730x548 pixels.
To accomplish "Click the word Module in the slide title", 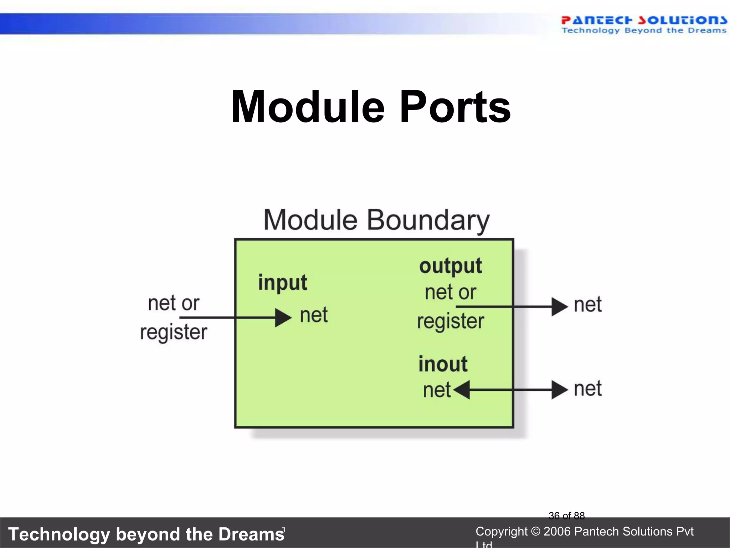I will click(x=308, y=107).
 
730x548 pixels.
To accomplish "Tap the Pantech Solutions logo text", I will click(x=643, y=20).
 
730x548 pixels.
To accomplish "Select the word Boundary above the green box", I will click(x=428, y=220).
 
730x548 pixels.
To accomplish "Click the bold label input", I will click(x=282, y=283).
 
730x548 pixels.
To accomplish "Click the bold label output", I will click(x=451, y=266).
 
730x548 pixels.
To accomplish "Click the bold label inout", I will click(x=443, y=364).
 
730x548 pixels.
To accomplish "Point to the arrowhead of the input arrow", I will click(x=283, y=318).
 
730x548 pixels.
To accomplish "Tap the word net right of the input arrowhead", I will click(x=314, y=315).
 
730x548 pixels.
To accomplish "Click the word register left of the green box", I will click(x=174, y=333).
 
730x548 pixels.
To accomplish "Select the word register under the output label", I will click(x=451, y=321).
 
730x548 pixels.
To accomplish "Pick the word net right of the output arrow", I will click(x=588, y=305).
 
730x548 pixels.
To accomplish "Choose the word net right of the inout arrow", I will click(x=588, y=389).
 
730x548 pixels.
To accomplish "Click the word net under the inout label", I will click(x=437, y=390).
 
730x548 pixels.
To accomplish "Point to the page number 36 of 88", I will click(x=566, y=516).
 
